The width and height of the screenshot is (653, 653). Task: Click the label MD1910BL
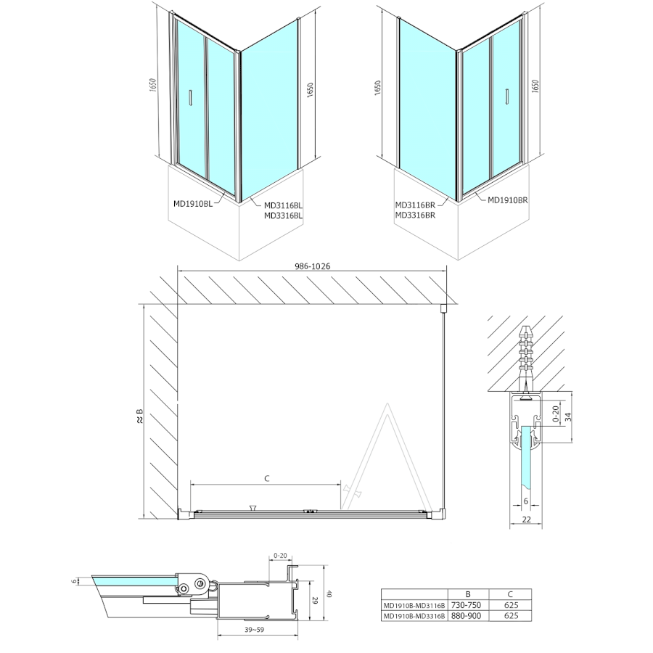pyautogui.click(x=193, y=204)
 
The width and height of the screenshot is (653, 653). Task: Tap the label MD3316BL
pyautogui.click(x=283, y=215)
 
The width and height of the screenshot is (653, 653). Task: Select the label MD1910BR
pyautogui.click(x=508, y=200)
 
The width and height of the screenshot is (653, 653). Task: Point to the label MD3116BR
pyautogui.click(x=415, y=205)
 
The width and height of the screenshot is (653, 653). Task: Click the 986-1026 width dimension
pyautogui.click(x=312, y=266)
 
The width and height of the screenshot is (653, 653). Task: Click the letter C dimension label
pyautogui.click(x=267, y=479)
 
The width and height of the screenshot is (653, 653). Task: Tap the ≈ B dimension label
pyautogui.click(x=140, y=416)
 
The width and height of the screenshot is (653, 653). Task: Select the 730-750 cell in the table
pyautogui.click(x=467, y=605)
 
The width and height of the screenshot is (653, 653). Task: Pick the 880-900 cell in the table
pyautogui.click(x=467, y=616)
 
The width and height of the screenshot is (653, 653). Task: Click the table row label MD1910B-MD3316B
pyautogui.click(x=414, y=616)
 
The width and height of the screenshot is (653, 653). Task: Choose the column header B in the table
pyautogui.click(x=468, y=594)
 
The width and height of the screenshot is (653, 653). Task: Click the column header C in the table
pyautogui.click(x=511, y=594)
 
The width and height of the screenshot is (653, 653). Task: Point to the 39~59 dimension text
pyautogui.click(x=255, y=630)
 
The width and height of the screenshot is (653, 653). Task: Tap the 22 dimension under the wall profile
pyautogui.click(x=527, y=519)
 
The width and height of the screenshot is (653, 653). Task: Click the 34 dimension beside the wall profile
pyautogui.click(x=568, y=416)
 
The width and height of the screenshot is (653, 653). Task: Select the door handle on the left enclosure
pyautogui.click(x=190, y=97)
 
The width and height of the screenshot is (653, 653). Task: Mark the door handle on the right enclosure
pyautogui.click(x=507, y=96)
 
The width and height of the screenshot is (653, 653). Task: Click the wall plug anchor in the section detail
pyautogui.click(x=526, y=358)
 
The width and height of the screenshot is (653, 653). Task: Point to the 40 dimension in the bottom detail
pyautogui.click(x=329, y=594)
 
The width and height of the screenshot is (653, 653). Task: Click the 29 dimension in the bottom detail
pyautogui.click(x=316, y=601)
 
